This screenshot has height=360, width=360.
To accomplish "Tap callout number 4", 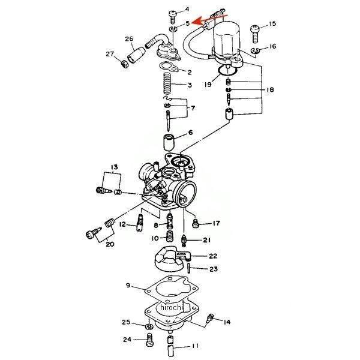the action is [187, 10].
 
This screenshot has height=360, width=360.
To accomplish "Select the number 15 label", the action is [272, 24].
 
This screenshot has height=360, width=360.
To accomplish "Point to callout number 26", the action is [129, 40].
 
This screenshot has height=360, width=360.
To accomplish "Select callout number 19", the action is [208, 85].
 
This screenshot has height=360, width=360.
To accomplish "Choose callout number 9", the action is [128, 286].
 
